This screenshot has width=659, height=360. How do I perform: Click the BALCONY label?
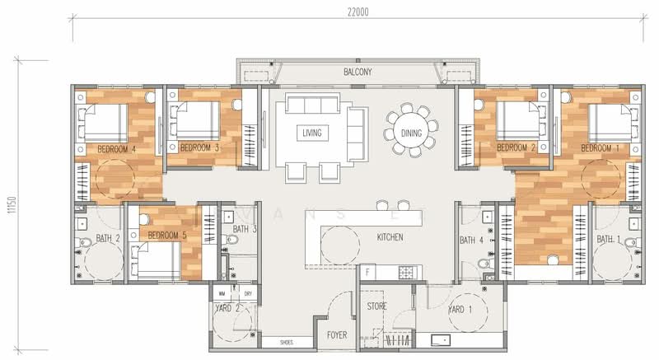(358, 72)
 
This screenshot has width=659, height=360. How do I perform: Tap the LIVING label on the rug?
(312, 133)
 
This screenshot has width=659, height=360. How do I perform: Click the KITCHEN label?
(390, 237)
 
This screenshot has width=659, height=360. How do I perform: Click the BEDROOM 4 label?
(116, 149)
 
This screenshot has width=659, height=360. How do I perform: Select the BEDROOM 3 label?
(199, 147)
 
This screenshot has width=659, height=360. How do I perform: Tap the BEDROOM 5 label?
(166, 236)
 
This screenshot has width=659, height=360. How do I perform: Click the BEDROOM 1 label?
(600, 147)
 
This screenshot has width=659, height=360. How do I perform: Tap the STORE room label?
(376, 306)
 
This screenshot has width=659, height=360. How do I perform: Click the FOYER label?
(338, 335)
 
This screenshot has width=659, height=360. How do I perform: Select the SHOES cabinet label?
(287, 343)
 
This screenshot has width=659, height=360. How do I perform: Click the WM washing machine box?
(221, 293)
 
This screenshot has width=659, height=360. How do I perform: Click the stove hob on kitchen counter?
(407, 271)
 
